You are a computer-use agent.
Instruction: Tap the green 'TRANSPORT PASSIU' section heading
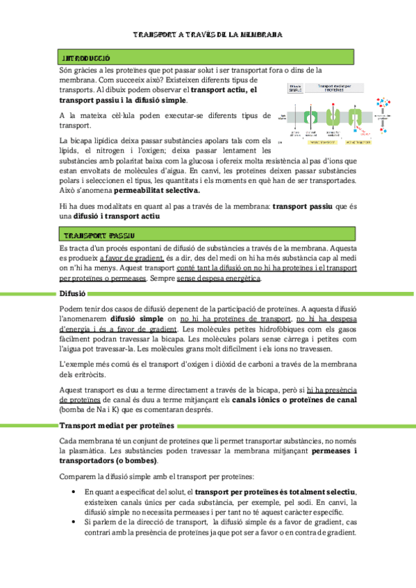(x=97, y=235)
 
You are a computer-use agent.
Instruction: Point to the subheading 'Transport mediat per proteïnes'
(x=111, y=425)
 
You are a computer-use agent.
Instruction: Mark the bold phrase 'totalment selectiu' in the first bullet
(x=326, y=492)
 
